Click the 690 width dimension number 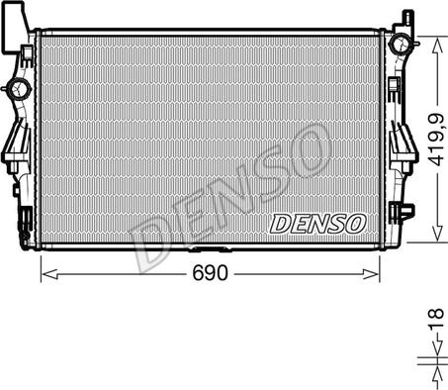tap(210, 272)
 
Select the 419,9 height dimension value tap(436, 141)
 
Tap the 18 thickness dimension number tap(436, 319)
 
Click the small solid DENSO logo tap(317, 224)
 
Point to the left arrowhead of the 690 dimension tap(50, 274)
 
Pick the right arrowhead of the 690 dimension tap(370, 274)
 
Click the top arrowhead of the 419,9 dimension tap(437, 46)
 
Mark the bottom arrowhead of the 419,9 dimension tap(437, 233)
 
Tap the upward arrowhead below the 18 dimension tap(437, 376)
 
